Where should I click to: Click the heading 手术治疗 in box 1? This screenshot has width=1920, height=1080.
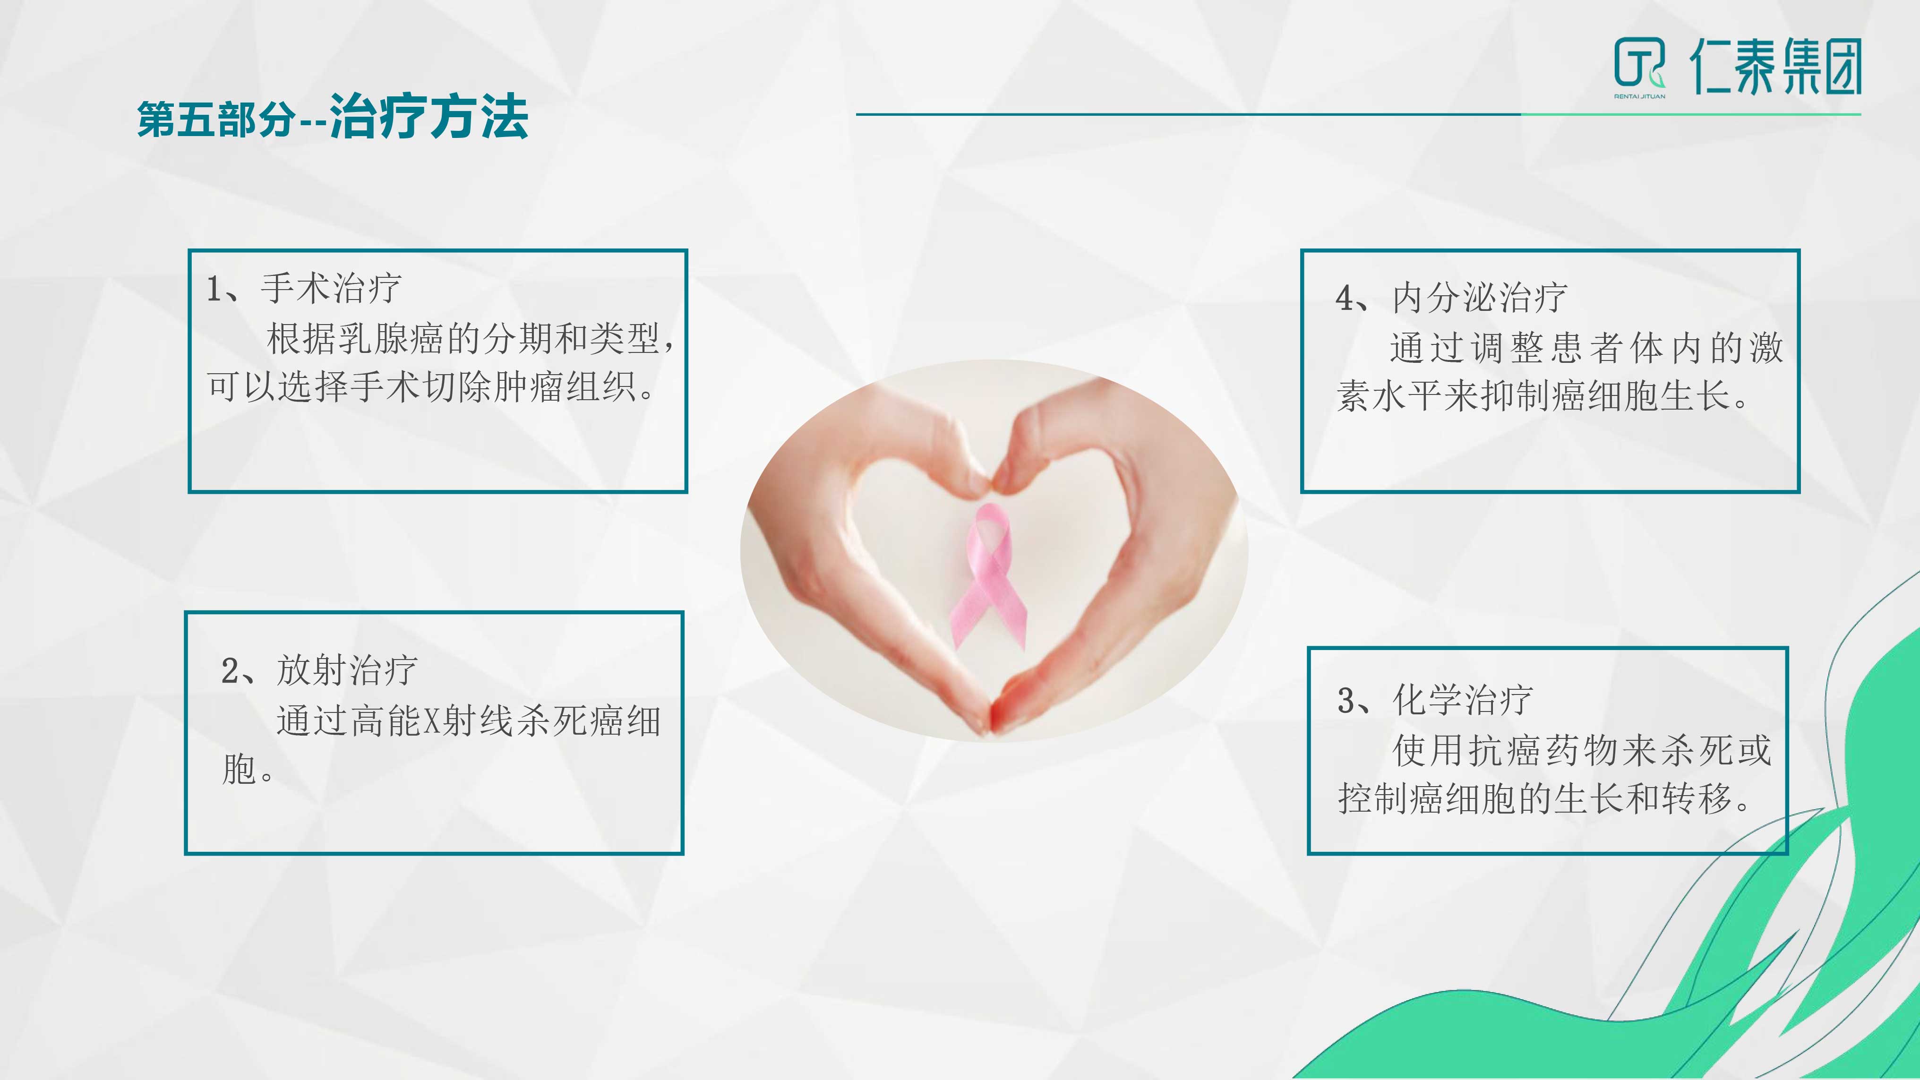click(332, 288)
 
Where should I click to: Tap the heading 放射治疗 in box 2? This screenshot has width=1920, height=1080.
click(347, 669)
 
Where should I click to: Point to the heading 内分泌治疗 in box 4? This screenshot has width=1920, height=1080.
click(1480, 297)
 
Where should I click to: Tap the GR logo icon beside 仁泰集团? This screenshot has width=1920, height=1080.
click(1638, 63)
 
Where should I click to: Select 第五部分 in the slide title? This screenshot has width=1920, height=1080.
click(215, 119)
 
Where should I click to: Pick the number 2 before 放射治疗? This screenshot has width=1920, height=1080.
click(230, 670)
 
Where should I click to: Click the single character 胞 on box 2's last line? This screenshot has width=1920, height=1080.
click(239, 769)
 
